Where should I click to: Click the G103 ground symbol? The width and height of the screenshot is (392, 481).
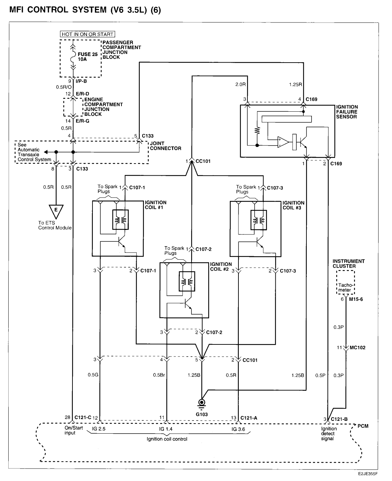coord(201,403)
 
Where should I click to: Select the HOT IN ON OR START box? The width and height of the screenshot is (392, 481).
coord(87,34)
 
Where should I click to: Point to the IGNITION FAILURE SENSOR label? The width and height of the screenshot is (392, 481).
coord(347,112)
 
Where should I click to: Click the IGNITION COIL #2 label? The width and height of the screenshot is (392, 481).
coord(221,267)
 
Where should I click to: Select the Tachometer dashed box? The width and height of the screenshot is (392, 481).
coord(345,283)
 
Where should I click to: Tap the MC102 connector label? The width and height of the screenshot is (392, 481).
coord(357,348)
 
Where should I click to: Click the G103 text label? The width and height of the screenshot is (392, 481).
coord(201,414)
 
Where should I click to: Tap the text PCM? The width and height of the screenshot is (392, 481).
coord(363,426)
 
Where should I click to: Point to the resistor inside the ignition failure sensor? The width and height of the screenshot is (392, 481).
coord(257,130)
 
